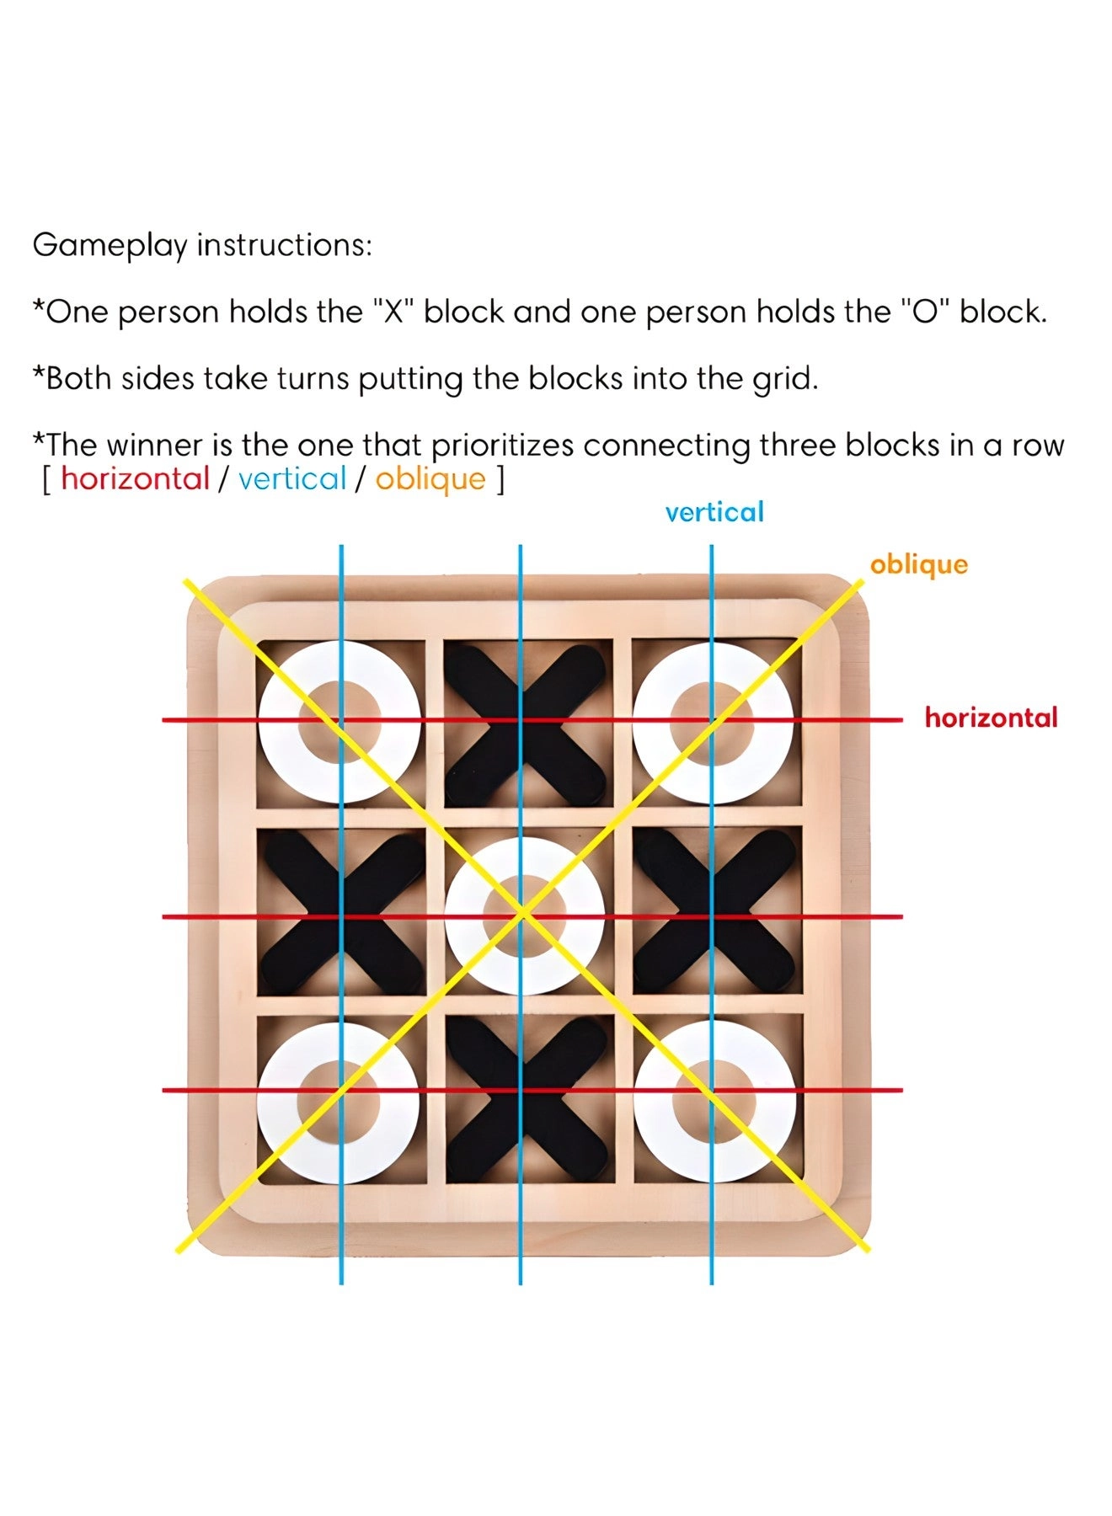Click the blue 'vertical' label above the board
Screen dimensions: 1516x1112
[714, 512]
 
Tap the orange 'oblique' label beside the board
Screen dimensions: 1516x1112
[918, 564]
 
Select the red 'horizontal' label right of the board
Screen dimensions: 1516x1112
[991, 718]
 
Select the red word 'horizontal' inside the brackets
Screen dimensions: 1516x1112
[135, 479]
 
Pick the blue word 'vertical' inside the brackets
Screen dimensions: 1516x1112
[292, 479]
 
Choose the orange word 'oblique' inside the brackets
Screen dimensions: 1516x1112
[430, 480]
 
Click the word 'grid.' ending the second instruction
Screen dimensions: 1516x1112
[785, 379]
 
